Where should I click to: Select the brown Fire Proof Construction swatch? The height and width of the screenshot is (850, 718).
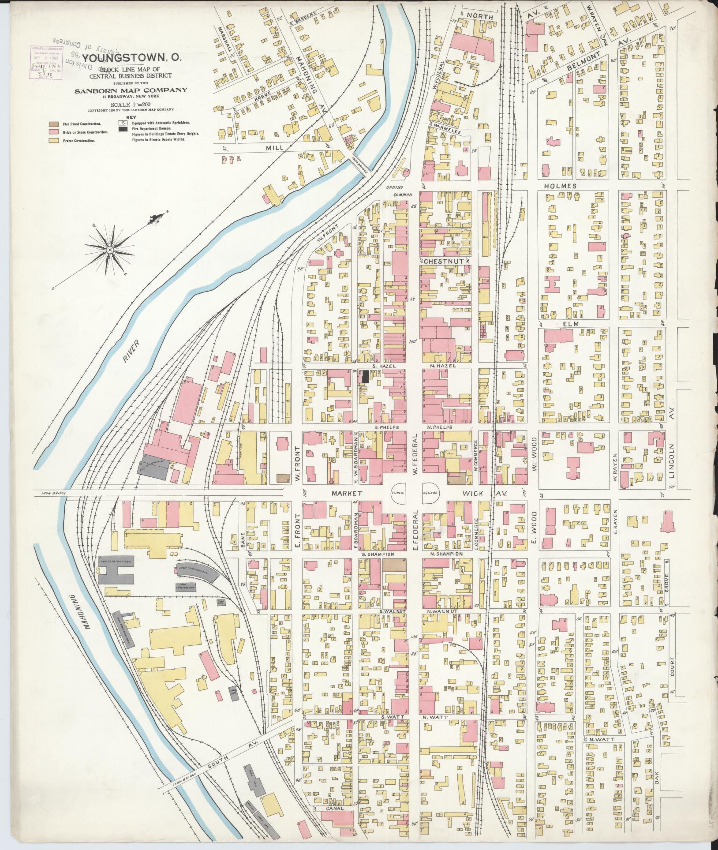53,124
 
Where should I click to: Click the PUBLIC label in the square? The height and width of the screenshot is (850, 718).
397,494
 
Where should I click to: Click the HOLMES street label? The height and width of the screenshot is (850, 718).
560,186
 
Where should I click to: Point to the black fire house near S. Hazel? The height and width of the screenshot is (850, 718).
365,376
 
